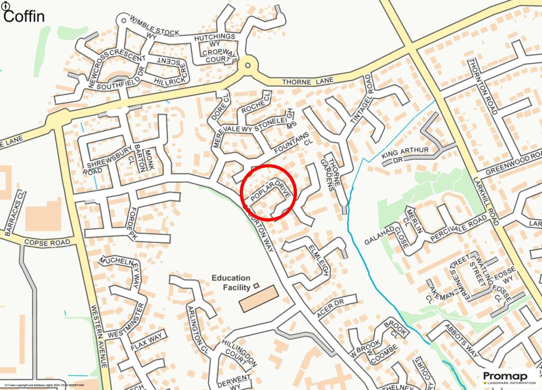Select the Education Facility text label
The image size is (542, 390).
point(231,283)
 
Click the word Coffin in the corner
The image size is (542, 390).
point(24,16)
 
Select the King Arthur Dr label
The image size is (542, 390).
point(405,154)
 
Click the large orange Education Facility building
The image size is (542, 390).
point(258,298)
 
